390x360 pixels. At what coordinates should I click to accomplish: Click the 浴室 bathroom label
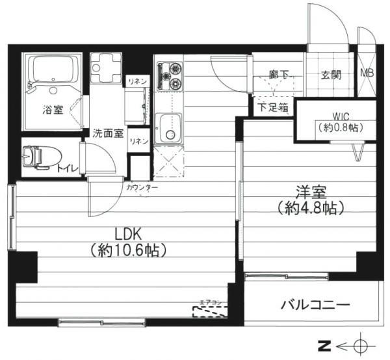(x=54, y=110)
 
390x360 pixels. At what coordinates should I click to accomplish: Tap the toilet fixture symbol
(x=36, y=157)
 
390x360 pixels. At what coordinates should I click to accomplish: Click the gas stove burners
(x=171, y=75)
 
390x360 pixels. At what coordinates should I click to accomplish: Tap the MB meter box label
(x=367, y=74)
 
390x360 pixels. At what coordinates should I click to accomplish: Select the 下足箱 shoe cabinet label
(x=272, y=108)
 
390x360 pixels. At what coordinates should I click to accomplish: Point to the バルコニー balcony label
(x=315, y=304)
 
